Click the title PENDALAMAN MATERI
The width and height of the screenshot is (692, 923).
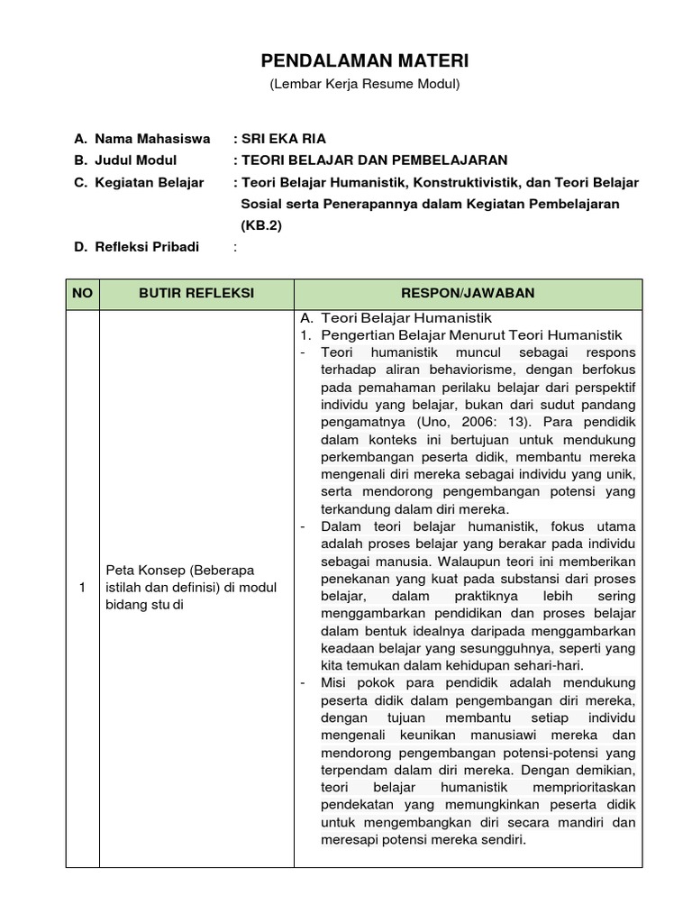click(365, 61)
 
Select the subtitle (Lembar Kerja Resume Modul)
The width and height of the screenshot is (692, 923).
click(365, 85)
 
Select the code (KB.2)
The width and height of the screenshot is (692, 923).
click(261, 225)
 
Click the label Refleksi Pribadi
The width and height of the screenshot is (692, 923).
click(146, 247)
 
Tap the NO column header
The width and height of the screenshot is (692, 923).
click(82, 294)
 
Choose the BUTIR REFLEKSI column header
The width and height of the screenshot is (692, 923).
click(196, 294)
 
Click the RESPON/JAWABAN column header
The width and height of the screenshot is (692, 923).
click(469, 294)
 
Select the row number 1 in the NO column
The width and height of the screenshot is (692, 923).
click(82, 588)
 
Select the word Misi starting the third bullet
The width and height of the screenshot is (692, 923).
click(334, 682)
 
